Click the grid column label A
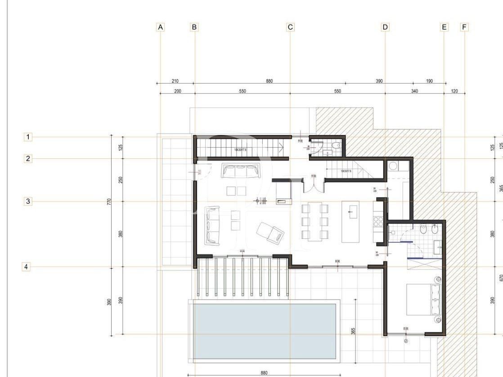tap(160, 27)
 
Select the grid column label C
tap(290, 27)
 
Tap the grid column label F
tap(464, 27)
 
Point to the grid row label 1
tap(28, 137)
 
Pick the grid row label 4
tap(26, 267)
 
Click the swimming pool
tap(265, 331)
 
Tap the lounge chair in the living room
tap(270, 233)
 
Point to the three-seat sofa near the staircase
tap(241, 171)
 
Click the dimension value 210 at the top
tap(175, 81)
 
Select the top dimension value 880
tap(269, 81)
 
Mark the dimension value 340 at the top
tap(414, 91)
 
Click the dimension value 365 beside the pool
tap(353, 332)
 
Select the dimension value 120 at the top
tap(454, 91)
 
